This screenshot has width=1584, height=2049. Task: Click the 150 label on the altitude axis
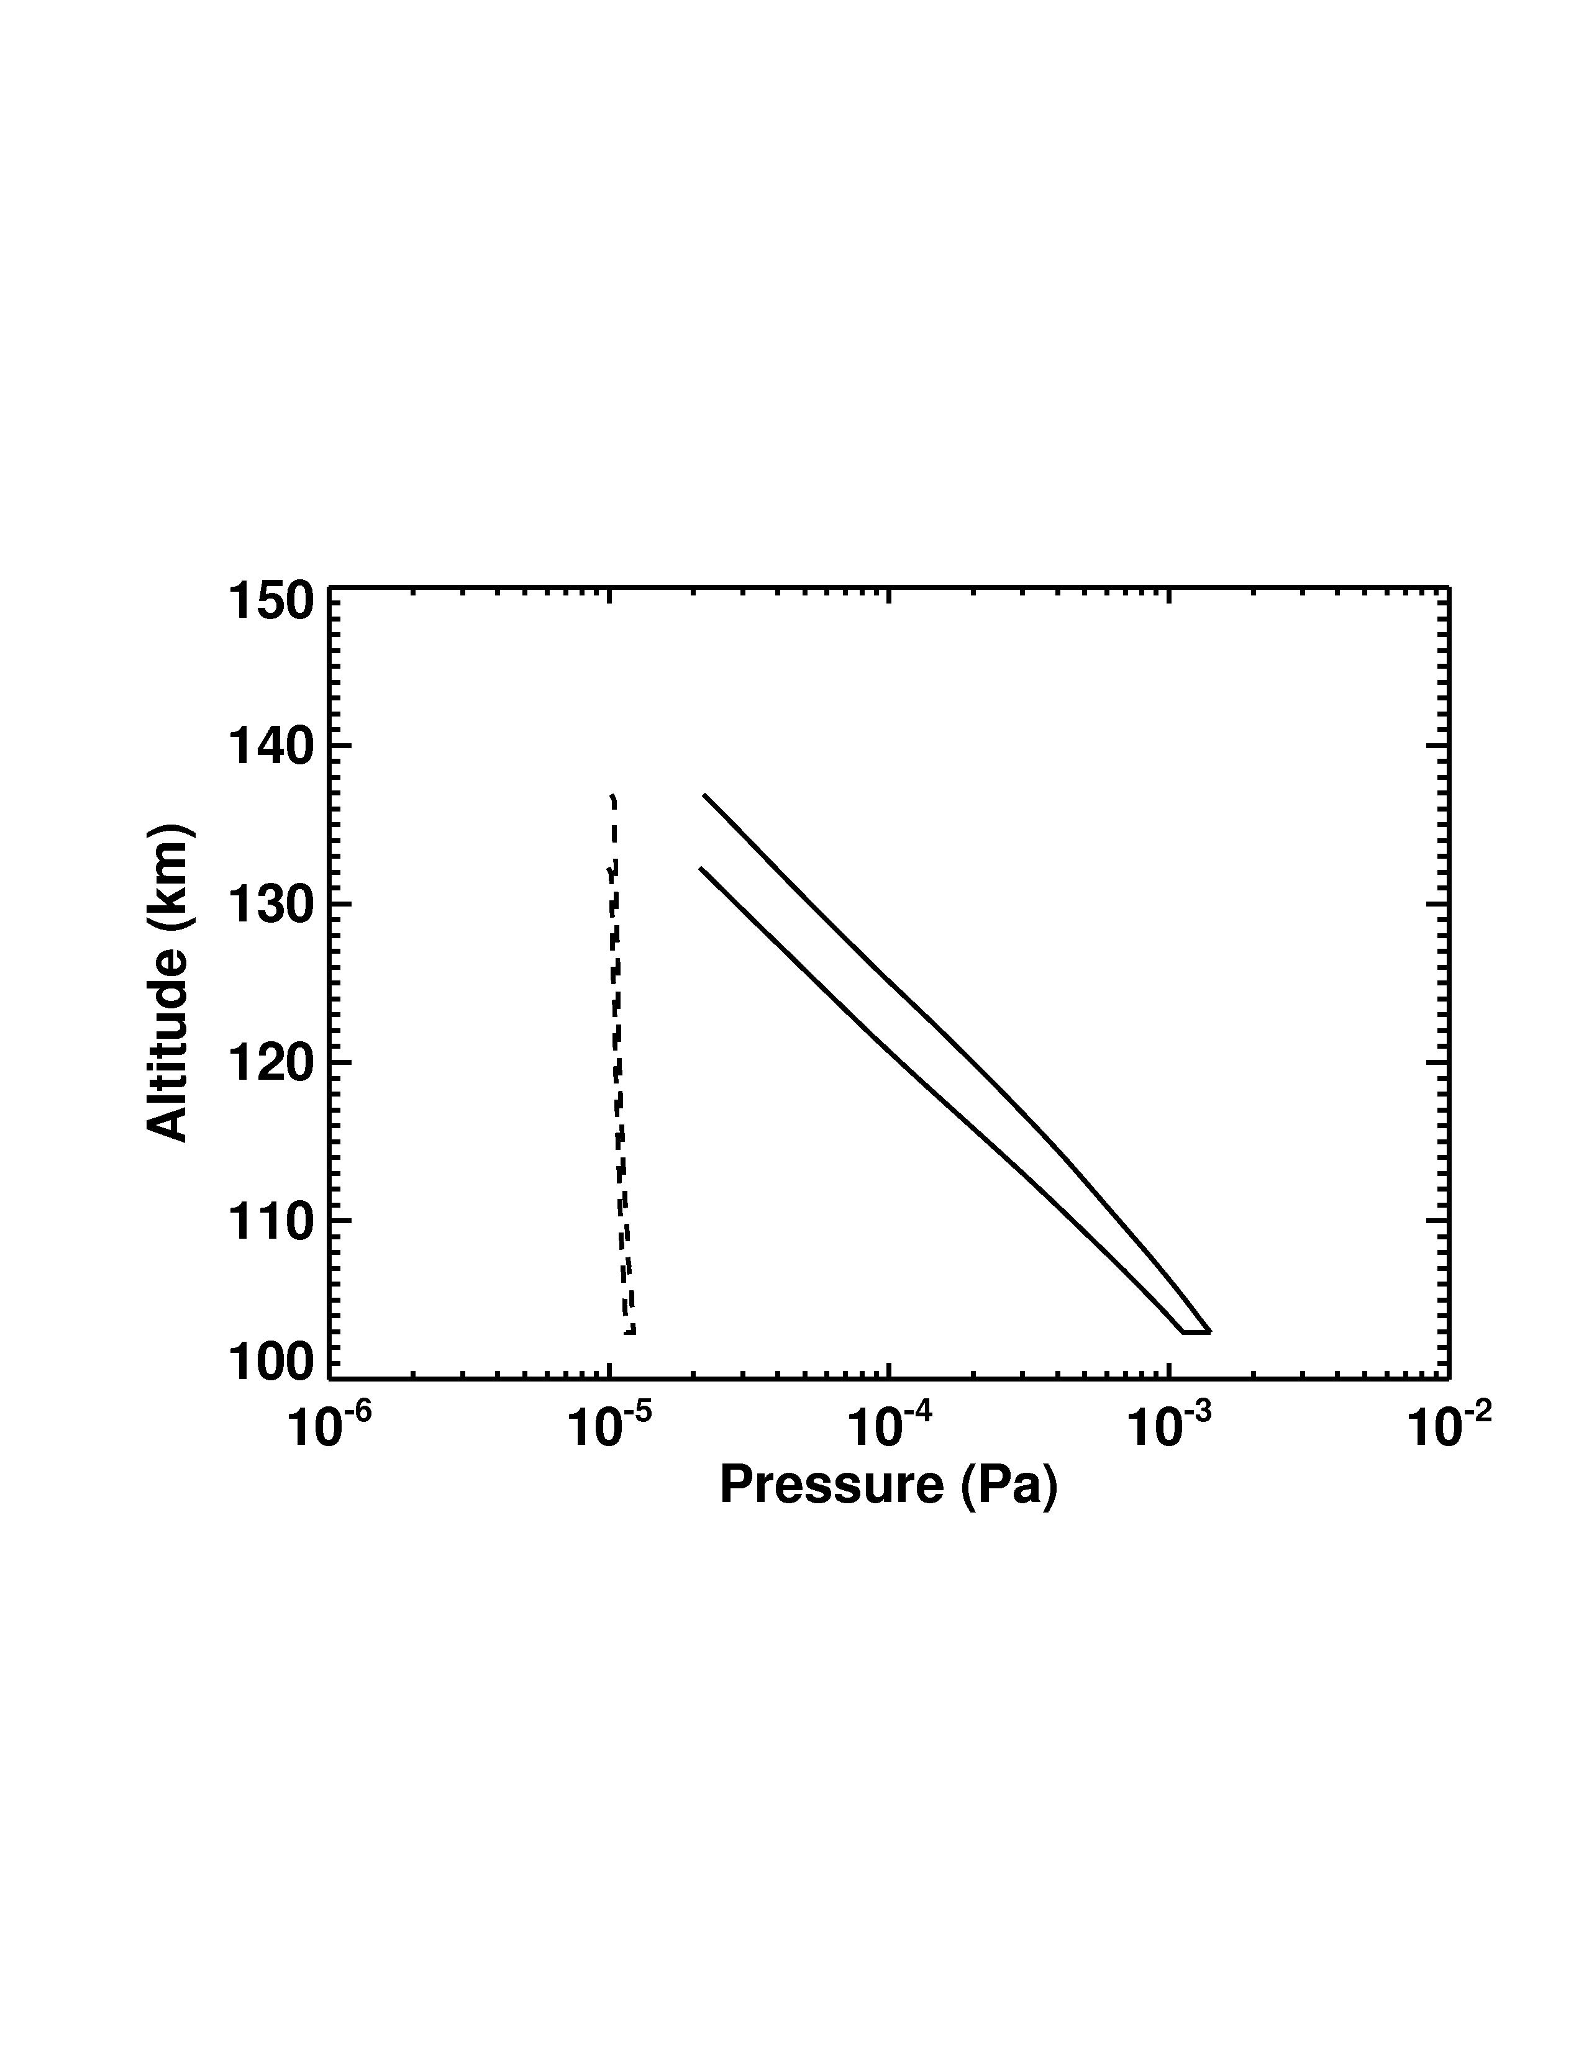click(271, 602)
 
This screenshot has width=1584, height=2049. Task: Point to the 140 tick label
click(271, 748)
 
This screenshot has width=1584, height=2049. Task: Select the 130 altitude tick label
click(271, 905)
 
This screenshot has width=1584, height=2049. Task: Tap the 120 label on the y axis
click(271, 1063)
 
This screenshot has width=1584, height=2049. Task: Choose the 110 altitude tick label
click(271, 1221)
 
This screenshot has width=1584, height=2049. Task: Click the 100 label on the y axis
click(271, 1362)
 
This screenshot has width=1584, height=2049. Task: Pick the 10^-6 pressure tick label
click(329, 1428)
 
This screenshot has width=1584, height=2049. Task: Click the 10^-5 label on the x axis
click(608, 1428)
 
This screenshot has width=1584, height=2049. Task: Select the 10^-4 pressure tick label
click(888, 1428)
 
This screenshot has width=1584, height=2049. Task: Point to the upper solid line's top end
click(704, 795)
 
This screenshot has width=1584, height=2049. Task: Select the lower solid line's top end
click(700, 869)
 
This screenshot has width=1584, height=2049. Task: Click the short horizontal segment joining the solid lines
click(1196, 1331)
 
